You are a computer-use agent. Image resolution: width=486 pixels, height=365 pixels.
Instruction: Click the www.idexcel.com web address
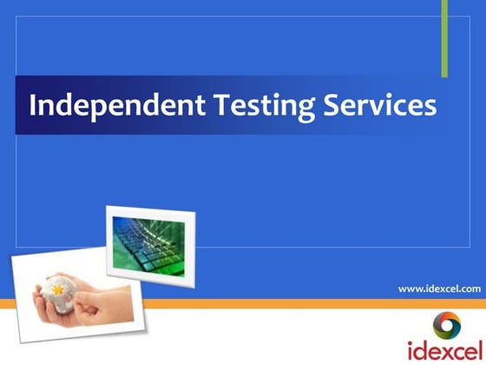438,287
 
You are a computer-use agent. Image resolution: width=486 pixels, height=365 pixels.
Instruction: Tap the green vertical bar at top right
444,38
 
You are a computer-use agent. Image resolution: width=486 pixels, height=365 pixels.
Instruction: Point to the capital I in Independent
33,105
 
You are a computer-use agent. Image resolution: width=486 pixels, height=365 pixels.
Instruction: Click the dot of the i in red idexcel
410,342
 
